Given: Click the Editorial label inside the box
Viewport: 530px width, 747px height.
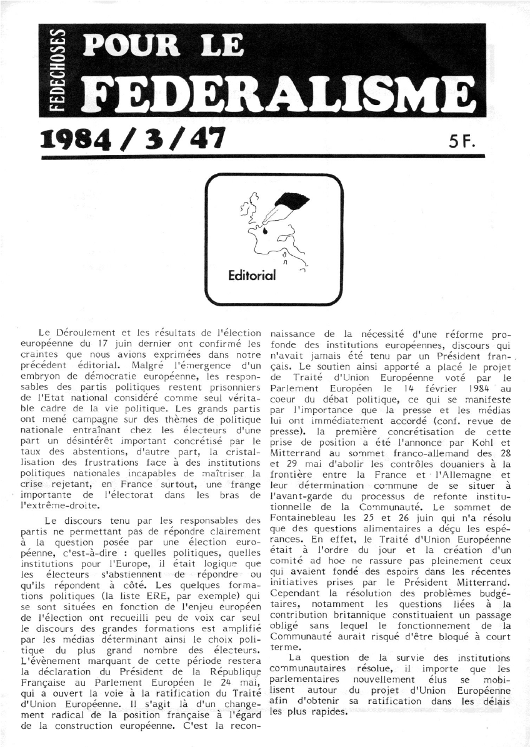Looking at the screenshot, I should click(x=252, y=275).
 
